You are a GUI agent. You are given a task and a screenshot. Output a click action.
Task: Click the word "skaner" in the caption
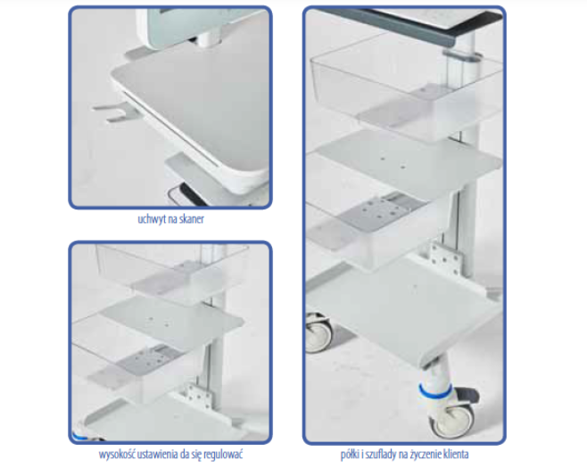(x=192, y=219)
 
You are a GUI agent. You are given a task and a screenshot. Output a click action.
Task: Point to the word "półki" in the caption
(x=350, y=455)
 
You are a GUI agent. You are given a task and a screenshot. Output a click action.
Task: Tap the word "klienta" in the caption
(x=456, y=455)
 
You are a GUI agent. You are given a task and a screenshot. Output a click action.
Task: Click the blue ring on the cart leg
(x=435, y=390)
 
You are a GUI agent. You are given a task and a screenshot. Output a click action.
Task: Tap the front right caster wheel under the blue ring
(x=451, y=420)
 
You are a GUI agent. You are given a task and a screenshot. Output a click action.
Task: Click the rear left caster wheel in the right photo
(x=318, y=333)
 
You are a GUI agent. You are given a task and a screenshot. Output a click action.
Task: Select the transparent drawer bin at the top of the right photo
(x=406, y=86)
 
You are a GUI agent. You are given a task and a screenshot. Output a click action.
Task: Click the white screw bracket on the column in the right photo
(x=445, y=258)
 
